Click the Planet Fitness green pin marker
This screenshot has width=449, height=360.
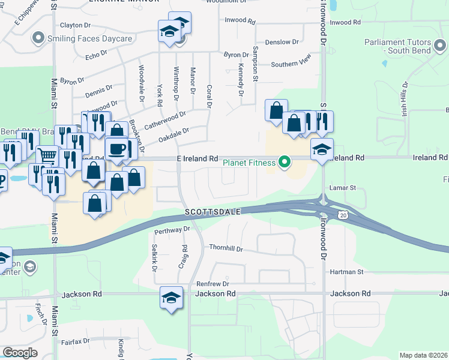285,162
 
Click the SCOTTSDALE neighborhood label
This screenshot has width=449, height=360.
212,212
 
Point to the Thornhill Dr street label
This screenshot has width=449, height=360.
226,248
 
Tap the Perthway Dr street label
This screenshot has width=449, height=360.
172,230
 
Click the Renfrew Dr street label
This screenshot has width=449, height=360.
213,283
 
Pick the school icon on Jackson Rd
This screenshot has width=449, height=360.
171,297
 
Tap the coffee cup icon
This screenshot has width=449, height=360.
116,148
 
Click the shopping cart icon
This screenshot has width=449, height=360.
47,156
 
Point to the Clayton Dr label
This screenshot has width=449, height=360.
75,25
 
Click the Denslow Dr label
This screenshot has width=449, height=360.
282,42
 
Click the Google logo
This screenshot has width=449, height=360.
20,353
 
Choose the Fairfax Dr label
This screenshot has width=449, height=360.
75,341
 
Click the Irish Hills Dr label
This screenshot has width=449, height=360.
405,99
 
